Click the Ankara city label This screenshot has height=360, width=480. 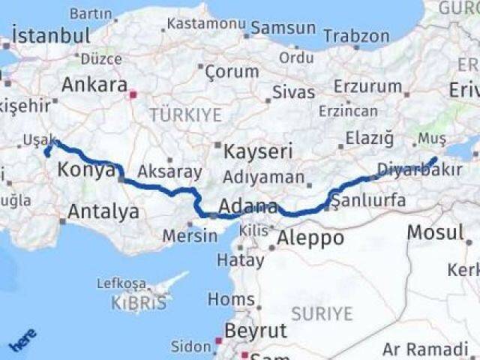tap(94, 85)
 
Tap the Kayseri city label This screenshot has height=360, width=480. tap(258, 151)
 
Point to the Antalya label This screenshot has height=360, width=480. tap(103, 211)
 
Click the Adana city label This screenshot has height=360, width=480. tap(248, 205)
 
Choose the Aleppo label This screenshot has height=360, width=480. tap(310, 238)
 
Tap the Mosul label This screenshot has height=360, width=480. tap(435, 232)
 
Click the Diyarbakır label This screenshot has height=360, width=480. tap(420, 169)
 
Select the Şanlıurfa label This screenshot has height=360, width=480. tap(368, 200)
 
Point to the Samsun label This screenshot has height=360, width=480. tap(283, 28)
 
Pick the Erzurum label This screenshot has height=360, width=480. tap(367, 85)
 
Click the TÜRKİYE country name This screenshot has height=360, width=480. tap(185, 115)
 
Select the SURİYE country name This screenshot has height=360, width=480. tap(321, 313)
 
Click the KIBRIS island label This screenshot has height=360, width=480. tap(139, 304)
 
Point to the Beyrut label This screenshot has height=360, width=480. tap(256, 330)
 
